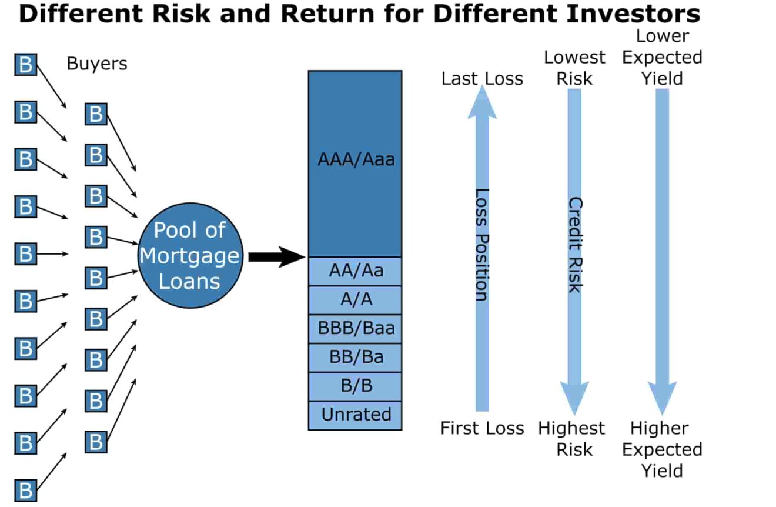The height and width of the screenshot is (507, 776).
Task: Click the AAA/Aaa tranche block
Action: (x=355, y=164)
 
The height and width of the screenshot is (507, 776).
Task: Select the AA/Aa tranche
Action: (x=355, y=271)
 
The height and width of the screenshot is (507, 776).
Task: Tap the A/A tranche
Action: (x=355, y=300)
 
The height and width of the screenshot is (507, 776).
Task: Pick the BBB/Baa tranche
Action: (x=355, y=329)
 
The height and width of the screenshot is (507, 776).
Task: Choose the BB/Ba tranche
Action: (x=355, y=358)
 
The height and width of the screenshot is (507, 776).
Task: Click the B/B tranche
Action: (x=355, y=386)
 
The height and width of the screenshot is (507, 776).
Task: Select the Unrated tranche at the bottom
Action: (x=355, y=415)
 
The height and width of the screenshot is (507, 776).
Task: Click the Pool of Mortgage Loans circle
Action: (x=190, y=255)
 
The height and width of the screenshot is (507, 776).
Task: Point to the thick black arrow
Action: (x=275, y=256)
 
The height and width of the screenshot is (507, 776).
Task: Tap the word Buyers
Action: (x=97, y=64)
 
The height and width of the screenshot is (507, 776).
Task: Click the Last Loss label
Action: (x=482, y=79)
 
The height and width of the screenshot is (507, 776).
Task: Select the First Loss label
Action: (x=482, y=429)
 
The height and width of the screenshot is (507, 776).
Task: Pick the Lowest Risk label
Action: (x=574, y=68)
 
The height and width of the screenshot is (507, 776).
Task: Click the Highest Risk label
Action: (x=571, y=439)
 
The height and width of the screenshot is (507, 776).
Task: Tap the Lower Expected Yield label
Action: (x=662, y=58)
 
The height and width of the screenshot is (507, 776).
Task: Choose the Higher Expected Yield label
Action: (x=662, y=449)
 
